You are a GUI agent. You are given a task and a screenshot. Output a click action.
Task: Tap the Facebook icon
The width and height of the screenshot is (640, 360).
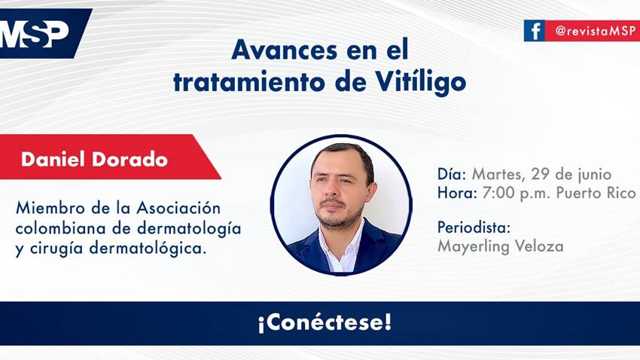pos(535,30)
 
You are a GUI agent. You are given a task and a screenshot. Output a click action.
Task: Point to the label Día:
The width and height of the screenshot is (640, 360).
pos(453,174)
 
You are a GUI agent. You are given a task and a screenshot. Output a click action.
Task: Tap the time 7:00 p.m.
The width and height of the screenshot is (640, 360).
pos(510,193)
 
